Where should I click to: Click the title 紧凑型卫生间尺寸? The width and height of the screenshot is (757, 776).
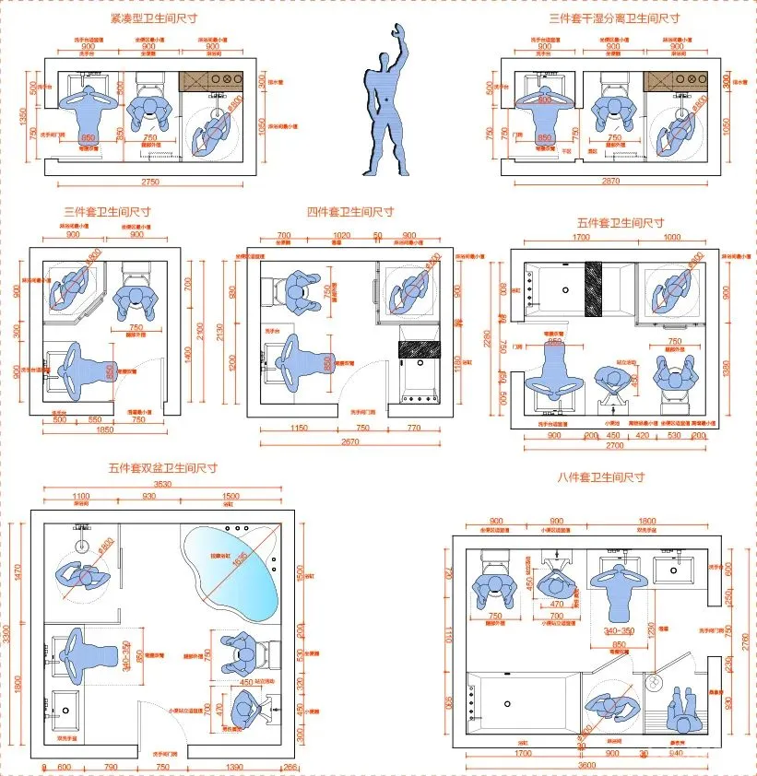click(153, 18)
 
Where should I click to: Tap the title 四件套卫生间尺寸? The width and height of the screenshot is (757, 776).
click(350, 211)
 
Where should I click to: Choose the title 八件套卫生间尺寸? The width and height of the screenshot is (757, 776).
click(600, 477)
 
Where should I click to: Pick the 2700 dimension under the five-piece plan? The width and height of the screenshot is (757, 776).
click(613, 445)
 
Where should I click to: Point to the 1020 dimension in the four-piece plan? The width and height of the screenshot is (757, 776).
click(340, 236)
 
